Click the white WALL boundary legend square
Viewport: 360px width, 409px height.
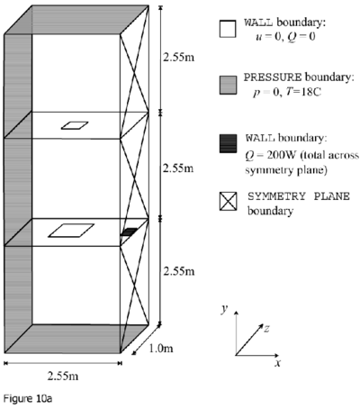point(228,29)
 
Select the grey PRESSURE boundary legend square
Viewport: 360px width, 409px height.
point(228,86)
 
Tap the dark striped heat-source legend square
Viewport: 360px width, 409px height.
point(228,143)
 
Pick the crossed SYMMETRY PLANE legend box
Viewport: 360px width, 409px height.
point(228,201)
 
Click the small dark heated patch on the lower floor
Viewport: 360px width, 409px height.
point(129,232)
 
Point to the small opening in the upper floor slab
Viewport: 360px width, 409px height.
point(75,125)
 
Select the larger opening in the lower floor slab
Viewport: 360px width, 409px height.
point(71,231)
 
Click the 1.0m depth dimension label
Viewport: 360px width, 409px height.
point(161,349)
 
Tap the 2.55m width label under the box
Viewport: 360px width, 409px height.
point(63,376)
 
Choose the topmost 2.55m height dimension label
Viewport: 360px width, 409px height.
point(178,57)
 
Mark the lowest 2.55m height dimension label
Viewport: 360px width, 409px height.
point(179,271)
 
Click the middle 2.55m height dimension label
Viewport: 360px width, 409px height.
point(178,168)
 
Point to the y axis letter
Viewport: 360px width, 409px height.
point(224,308)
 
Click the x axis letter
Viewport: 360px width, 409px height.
point(278,363)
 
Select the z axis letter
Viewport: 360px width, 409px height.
point(266,328)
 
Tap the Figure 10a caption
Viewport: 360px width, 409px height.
point(28,399)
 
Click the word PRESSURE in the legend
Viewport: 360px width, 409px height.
point(273,77)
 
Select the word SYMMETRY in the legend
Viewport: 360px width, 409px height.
point(276,196)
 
